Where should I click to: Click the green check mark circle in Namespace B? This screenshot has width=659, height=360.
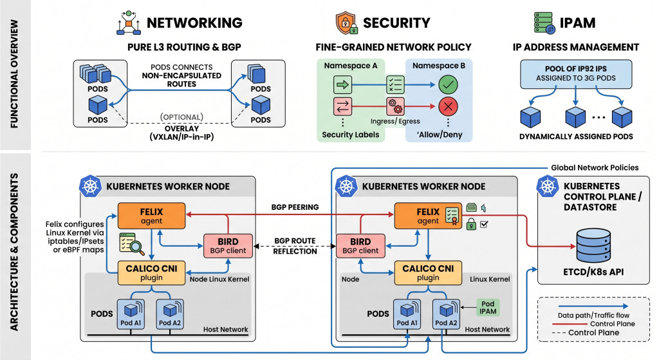(448, 85)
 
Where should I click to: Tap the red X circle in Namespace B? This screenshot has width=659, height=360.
(448, 106)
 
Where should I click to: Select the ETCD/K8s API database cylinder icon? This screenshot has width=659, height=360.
(593, 245)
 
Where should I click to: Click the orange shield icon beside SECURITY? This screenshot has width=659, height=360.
(346, 23)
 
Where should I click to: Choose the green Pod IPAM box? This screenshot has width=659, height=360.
(488, 307)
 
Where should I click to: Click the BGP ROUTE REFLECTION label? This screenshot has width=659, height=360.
(295, 246)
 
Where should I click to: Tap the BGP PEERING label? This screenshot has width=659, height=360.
(295, 207)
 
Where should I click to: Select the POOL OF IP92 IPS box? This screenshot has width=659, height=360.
(576, 73)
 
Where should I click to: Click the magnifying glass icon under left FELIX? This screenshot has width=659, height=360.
(132, 244)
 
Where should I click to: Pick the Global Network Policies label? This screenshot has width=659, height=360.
(595, 167)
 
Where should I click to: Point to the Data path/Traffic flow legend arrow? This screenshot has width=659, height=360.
(593, 306)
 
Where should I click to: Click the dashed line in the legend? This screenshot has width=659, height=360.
(559, 333)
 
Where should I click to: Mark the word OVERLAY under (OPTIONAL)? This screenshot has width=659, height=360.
(181, 128)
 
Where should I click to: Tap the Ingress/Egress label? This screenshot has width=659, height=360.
(395, 121)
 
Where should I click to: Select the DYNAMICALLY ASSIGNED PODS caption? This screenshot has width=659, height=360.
(576, 137)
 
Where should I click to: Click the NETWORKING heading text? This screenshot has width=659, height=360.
(194, 23)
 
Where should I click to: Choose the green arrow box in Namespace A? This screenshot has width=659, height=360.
(342, 85)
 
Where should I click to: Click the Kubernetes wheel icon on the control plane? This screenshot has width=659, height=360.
(548, 185)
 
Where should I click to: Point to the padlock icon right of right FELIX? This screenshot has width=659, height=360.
(471, 224)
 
